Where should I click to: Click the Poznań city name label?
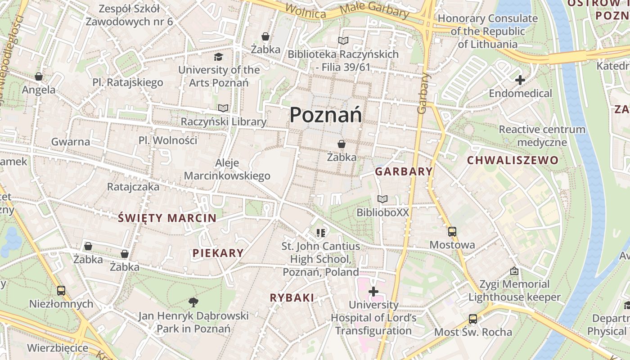[x=325, y=115]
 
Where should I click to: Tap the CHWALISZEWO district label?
[x=513, y=160]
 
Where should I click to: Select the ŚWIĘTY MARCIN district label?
[x=167, y=218]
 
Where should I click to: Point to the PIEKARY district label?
[x=218, y=253]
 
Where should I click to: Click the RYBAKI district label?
[x=292, y=297]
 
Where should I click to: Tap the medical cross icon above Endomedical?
[x=520, y=81]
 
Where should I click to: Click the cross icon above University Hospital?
[x=373, y=292]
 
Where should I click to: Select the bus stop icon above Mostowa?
[x=452, y=232]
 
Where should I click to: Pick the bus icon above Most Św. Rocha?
[x=473, y=319]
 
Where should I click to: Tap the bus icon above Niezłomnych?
[x=61, y=291]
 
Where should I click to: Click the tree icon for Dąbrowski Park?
[x=193, y=302]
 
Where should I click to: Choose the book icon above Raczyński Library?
[x=223, y=108]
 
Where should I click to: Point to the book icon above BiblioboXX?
[x=382, y=199]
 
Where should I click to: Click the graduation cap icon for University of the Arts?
[x=219, y=57]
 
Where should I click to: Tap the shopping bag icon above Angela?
[x=39, y=76]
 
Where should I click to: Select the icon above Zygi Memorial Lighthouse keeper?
[x=514, y=271]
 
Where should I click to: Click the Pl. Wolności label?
[x=168, y=140]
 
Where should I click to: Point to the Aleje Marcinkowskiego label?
[x=227, y=169]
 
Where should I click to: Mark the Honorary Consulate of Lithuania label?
[x=488, y=31]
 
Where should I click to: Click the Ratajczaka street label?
[x=133, y=186]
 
